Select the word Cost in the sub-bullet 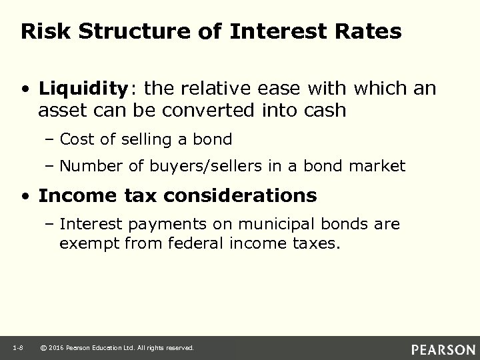(x=76, y=139)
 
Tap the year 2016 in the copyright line (x=58, y=347)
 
